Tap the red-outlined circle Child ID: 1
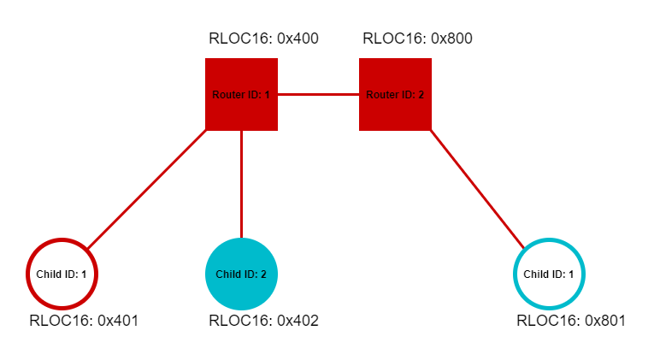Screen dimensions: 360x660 (62, 274)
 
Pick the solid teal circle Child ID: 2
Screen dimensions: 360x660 (241, 274)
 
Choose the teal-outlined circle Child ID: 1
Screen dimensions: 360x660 (549, 274)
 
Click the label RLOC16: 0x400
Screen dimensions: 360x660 (263, 38)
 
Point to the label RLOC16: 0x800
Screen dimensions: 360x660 (417, 38)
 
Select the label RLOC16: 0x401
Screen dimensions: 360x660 (84, 321)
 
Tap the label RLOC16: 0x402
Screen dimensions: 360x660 (263, 321)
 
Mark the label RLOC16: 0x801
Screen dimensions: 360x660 (571, 321)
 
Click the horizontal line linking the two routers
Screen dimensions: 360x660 (318, 94)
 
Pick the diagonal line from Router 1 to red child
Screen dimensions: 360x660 (145, 190)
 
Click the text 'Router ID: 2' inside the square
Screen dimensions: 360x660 (395, 94)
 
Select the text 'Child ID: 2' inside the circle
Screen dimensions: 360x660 (241, 274)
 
